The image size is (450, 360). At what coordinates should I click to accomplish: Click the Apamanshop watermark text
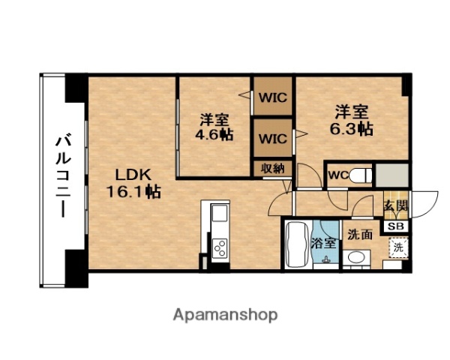tap(224, 315)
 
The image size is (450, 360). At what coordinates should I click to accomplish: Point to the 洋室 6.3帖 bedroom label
tap(351, 120)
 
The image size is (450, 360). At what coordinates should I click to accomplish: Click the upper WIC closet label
tap(273, 97)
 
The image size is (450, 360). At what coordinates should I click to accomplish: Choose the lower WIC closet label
tap(273, 139)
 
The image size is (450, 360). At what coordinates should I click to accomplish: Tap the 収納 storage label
tap(272, 168)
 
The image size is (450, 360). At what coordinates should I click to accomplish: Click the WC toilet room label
tap(337, 175)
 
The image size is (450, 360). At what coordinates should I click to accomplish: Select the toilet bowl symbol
tap(361, 175)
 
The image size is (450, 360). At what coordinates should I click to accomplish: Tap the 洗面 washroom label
tap(359, 234)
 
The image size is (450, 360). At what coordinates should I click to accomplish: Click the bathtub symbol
tap(297, 245)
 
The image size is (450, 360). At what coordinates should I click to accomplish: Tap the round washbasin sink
tap(357, 259)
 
